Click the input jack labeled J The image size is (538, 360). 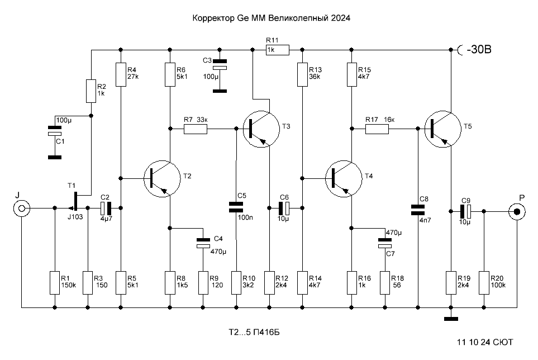tap(22, 208)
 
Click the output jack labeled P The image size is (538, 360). tap(517, 212)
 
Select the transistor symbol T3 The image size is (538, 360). tap(261, 129)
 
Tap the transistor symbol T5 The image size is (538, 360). tap(442, 129)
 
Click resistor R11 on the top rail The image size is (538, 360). tap(278, 50)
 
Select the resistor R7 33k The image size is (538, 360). tap(196, 129)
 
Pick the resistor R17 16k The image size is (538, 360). tap(377, 129)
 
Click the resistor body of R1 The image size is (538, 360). tap(55, 283)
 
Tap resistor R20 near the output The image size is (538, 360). tap(484, 283)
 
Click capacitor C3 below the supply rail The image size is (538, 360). tap(220, 75)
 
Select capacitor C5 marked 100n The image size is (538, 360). tap(236, 207)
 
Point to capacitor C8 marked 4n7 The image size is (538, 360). tap(417, 210)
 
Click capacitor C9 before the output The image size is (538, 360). tap(465, 211)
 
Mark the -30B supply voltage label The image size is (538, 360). tap(479, 49)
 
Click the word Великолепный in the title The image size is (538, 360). tap(298, 18)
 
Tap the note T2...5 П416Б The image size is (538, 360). tap(254, 332)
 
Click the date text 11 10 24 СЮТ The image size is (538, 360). tap(485, 342)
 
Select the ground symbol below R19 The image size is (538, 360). tap(451, 319)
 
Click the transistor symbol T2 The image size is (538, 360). tap(162, 179)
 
